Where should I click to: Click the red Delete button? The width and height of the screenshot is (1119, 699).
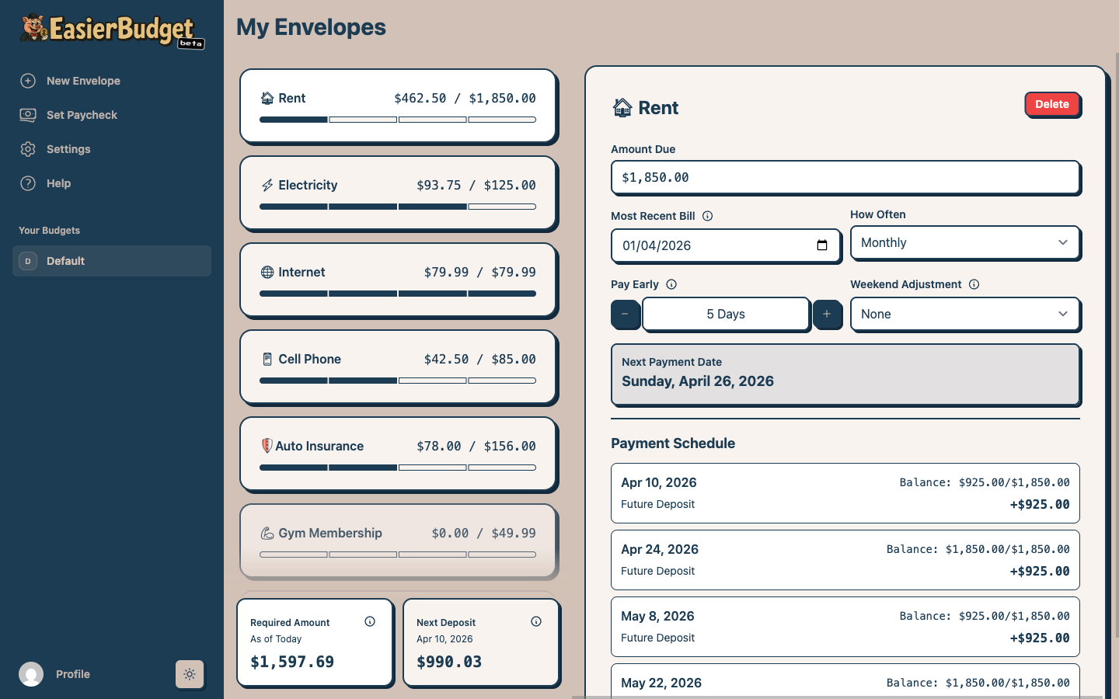point(1051,104)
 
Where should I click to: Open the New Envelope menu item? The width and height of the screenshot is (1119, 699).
point(83,81)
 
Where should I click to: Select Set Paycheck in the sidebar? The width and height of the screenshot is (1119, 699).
point(82,115)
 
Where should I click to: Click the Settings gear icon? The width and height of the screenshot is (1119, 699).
point(28,149)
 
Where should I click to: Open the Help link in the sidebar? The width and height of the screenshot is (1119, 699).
point(58,183)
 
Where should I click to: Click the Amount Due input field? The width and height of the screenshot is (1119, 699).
point(845,177)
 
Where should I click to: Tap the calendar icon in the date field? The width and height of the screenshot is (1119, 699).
point(822,245)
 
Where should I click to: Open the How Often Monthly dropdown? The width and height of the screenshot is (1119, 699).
point(964,242)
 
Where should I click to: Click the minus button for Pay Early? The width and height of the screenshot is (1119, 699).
point(625,314)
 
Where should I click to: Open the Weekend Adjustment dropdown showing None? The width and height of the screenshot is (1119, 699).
point(964,314)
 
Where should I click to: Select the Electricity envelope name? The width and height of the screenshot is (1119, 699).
point(308,185)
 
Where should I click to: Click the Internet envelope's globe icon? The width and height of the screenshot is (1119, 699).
point(267,272)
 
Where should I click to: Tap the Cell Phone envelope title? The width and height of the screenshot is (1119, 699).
point(309,359)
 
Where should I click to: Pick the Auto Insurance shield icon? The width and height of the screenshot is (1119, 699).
point(267,446)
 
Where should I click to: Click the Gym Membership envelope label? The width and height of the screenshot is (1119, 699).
point(329,533)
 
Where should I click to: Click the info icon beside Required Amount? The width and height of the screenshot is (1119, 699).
point(370,621)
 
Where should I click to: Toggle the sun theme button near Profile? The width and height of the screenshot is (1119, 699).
point(190,674)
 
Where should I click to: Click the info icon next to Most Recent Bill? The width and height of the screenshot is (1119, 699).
point(707,216)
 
